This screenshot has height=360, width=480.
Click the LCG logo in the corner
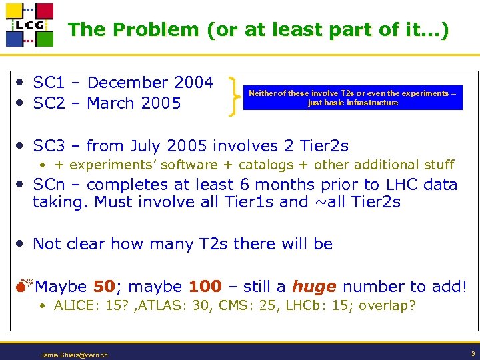coord(29,25)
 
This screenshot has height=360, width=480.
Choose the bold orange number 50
coord(104,287)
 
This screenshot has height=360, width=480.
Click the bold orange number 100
coord(205,287)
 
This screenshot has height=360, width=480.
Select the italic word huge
coord(314,287)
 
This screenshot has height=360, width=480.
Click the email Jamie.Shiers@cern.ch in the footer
coord(74,355)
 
